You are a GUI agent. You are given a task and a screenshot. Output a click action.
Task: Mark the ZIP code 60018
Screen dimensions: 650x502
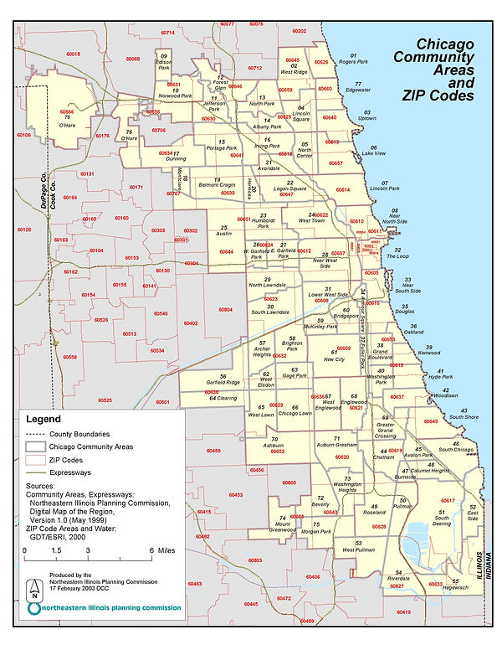[73, 54]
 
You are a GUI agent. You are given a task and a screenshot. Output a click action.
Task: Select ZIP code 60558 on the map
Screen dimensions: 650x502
[69, 357]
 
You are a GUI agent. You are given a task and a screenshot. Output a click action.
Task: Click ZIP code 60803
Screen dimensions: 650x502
[254, 560]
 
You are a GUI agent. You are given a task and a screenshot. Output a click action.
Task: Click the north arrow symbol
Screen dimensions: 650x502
[33, 590]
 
